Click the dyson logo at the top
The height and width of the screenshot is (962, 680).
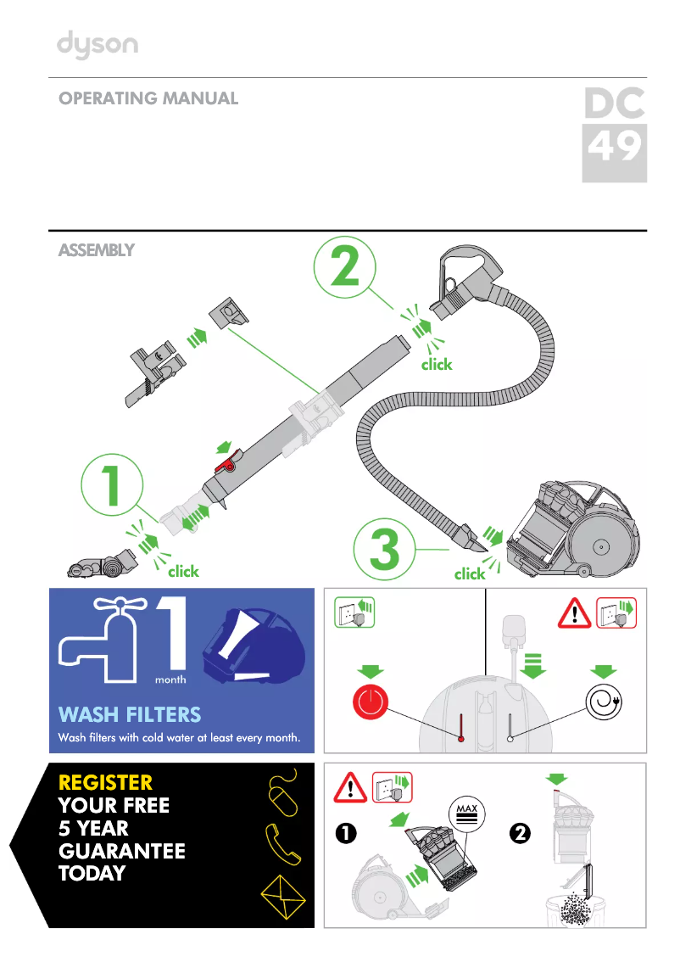tap(98, 46)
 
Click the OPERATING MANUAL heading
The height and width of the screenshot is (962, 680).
tap(148, 98)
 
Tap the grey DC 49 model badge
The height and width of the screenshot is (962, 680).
tap(614, 135)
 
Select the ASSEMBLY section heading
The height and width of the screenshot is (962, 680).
tap(96, 250)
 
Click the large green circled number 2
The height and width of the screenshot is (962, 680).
tap(345, 269)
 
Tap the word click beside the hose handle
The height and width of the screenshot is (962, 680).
tap(437, 364)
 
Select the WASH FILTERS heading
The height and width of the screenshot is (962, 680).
tap(130, 714)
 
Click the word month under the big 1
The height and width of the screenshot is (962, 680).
tap(170, 680)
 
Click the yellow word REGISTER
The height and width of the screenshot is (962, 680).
tap(105, 782)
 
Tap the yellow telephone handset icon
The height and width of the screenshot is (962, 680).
tap(282, 842)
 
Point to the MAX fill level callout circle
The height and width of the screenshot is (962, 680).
tap(465, 815)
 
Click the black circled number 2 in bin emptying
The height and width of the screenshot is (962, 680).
tap(520, 834)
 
